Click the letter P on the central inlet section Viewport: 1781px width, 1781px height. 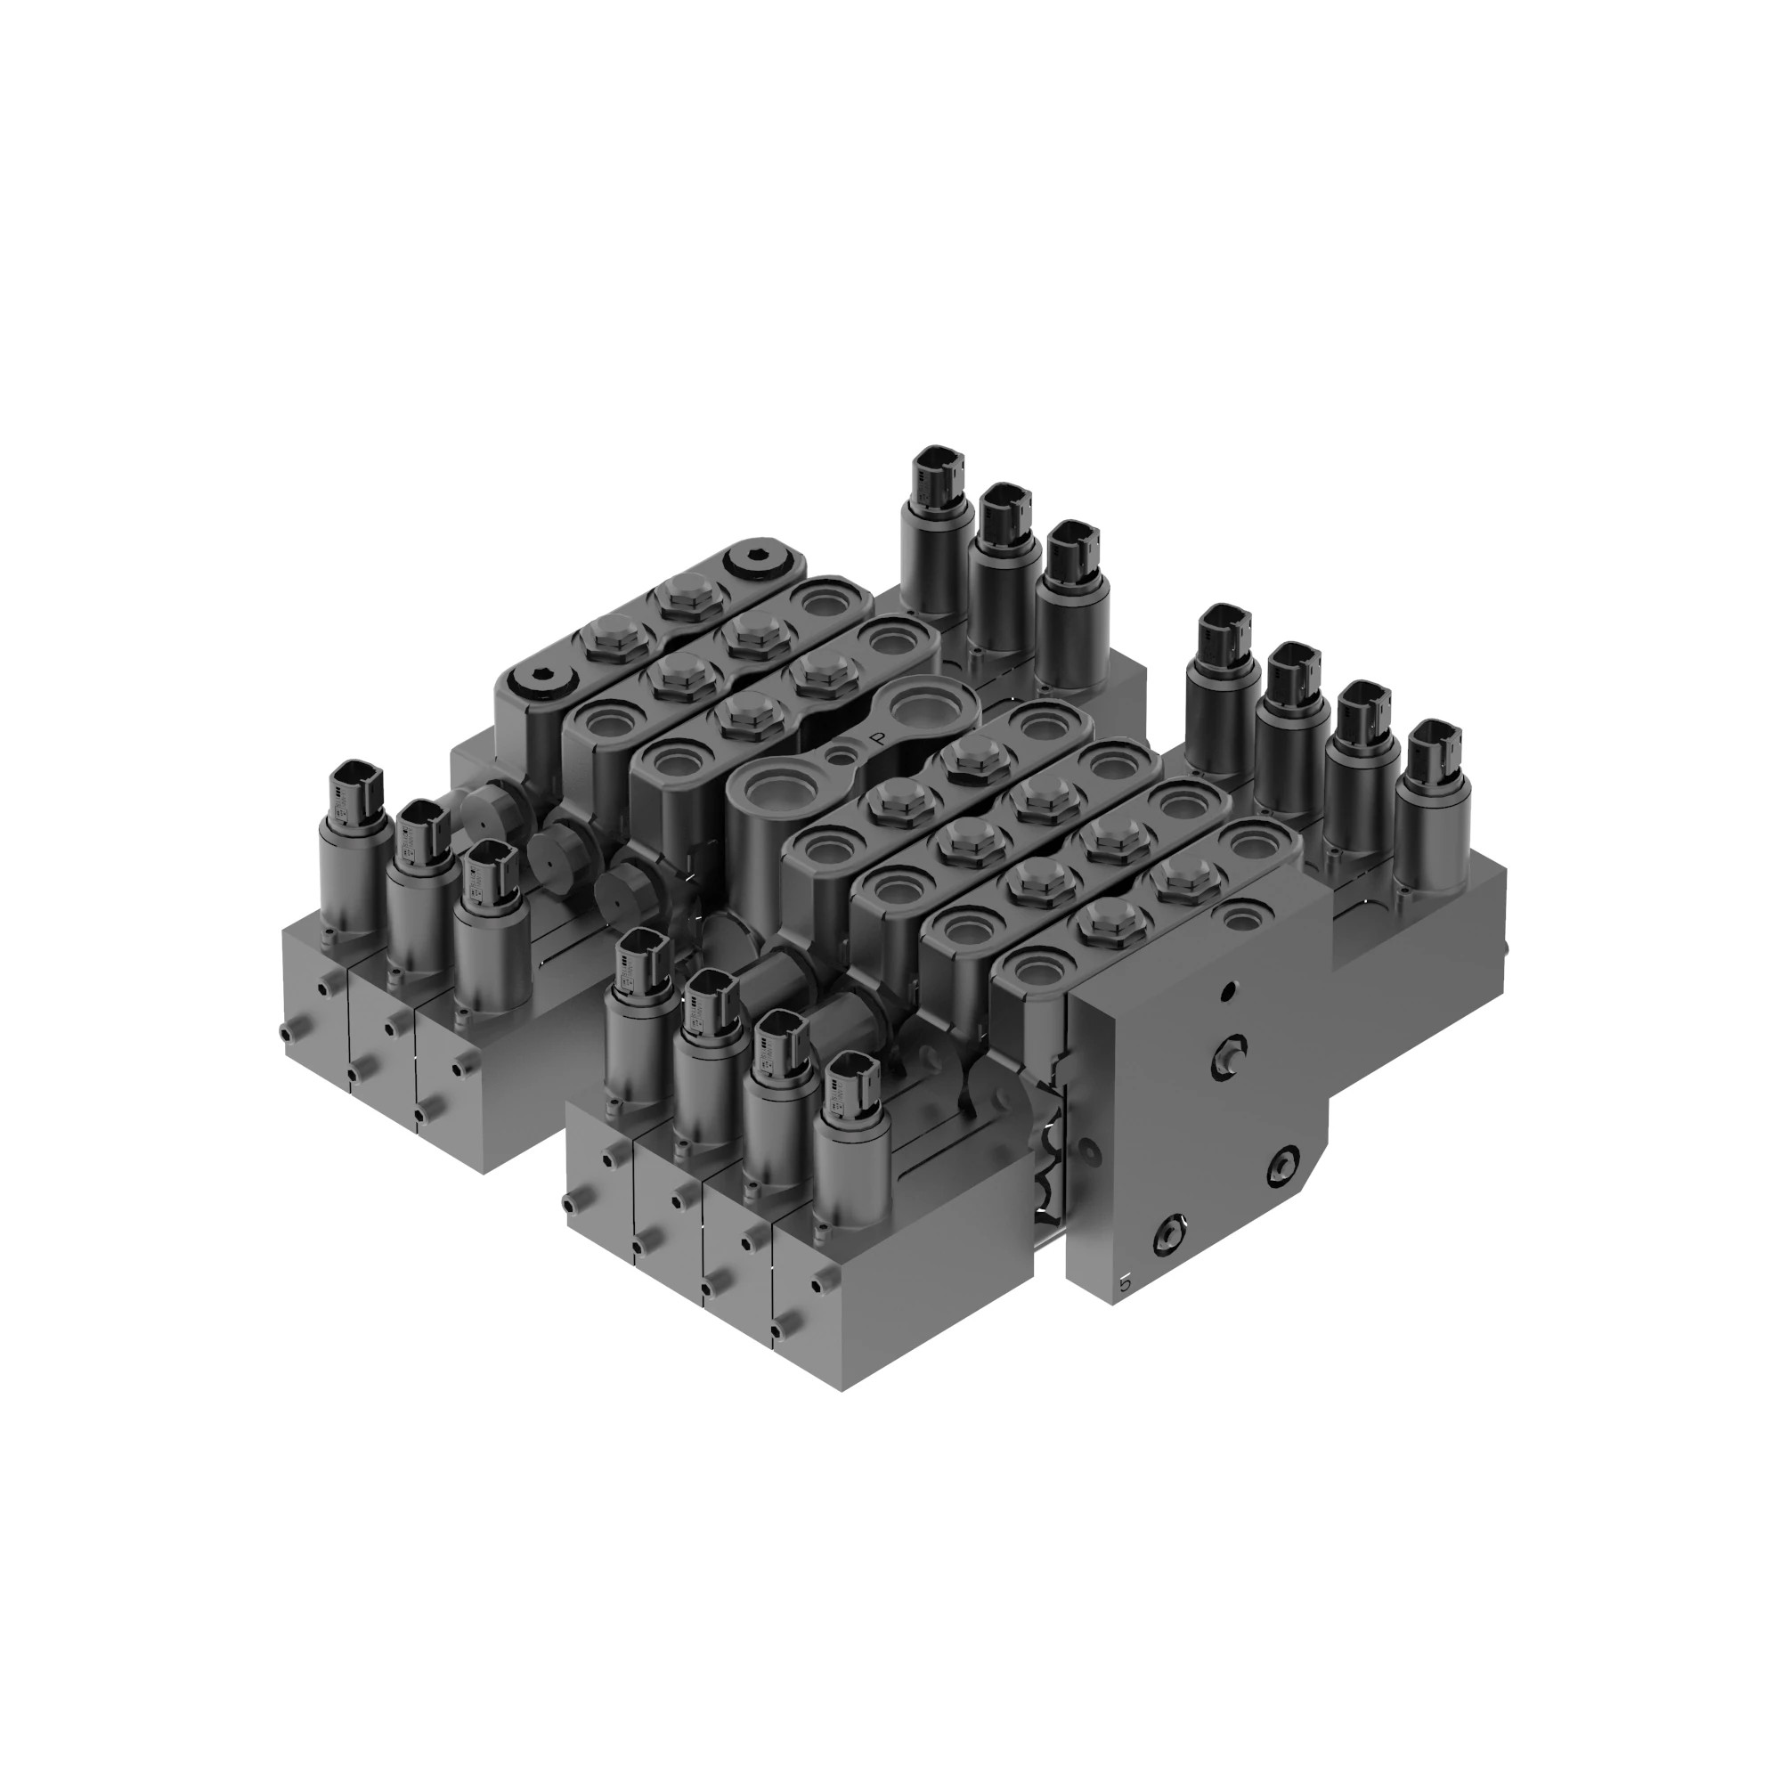pyautogui.click(x=876, y=738)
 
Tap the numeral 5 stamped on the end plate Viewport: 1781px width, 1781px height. pyautogui.click(x=1124, y=1282)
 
